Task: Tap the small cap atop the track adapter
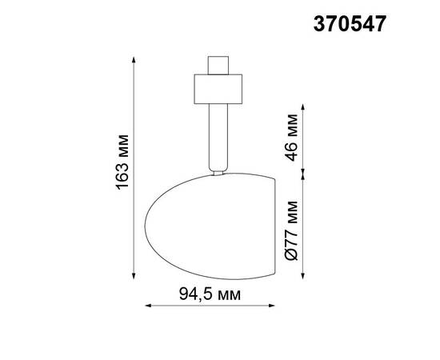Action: coord(217,65)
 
